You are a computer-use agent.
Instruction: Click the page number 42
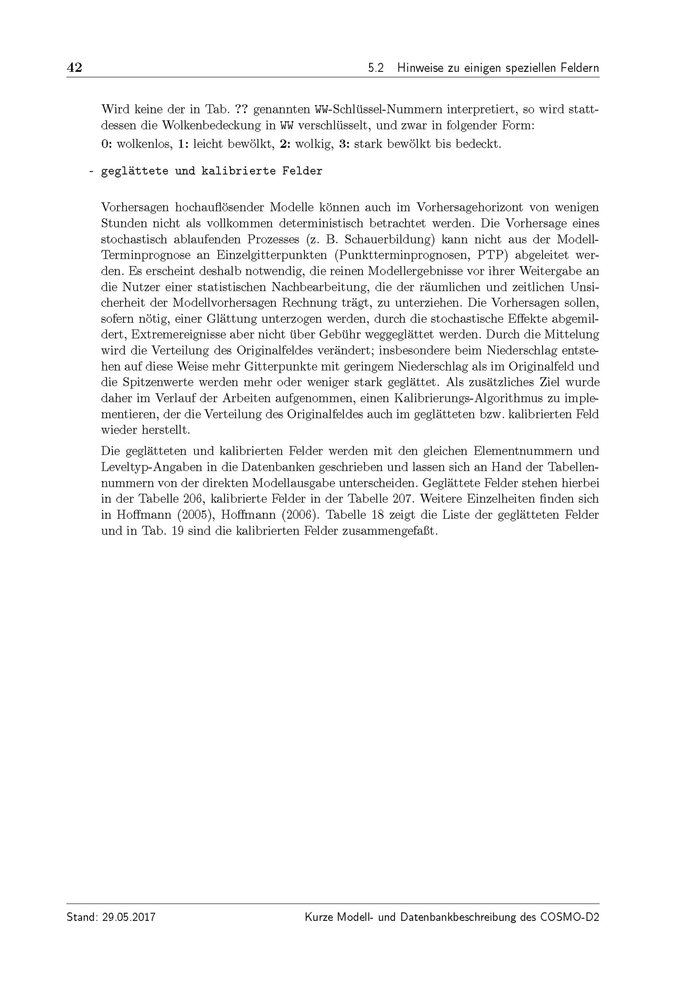pyautogui.click(x=74, y=68)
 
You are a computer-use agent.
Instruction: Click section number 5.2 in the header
pyautogui.click(x=376, y=68)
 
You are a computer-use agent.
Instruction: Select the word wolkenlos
pyautogui.click(x=145, y=144)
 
